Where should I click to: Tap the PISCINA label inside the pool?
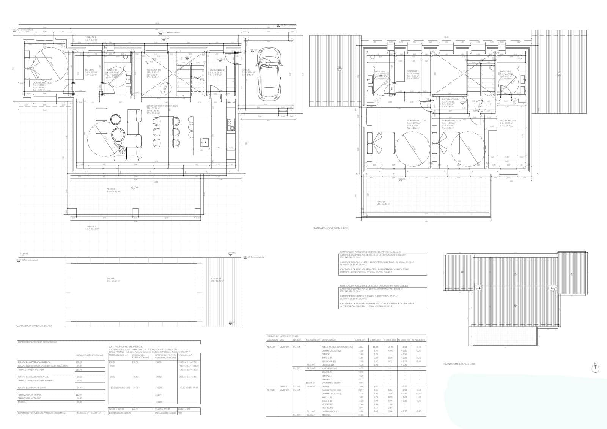[x=110, y=278]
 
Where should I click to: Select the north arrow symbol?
[x=595, y=369]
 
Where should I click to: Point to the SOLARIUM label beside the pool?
[x=215, y=278]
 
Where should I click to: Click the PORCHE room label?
[x=110, y=189]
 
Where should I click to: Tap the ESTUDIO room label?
[x=90, y=70]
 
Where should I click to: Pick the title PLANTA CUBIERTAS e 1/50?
[x=459, y=364]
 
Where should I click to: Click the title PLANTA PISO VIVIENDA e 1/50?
[x=330, y=228]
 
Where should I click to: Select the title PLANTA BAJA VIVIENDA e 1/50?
[x=33, y=326]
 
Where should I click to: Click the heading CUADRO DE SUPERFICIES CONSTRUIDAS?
[x=37, y=342]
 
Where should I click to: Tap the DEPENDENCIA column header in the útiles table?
[x=329, y=340]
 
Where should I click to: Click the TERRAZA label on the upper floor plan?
[x=381, y=202]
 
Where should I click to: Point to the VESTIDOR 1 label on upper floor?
[x=413, y=71]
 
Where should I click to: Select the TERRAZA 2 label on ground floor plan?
[x=90, y=226]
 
